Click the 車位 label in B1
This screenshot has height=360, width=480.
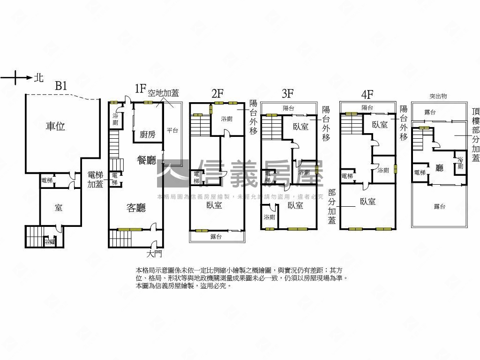tap(55, 126)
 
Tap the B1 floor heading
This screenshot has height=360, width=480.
tap(61, 86)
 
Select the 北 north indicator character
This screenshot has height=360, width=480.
tap(38, 78)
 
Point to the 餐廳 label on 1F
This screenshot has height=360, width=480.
tap(146, 160)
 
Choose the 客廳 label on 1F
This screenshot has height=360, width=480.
tap(136, 208)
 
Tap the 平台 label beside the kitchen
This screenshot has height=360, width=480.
tap(172, 131)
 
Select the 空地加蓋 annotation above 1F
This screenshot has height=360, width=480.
tap(163, 93)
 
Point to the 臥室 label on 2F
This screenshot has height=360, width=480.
tap(213, 205)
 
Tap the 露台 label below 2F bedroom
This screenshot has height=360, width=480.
tap(216, 237)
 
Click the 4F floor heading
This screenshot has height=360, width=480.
tap(367, 94)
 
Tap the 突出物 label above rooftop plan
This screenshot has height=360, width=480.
tap(438, 96)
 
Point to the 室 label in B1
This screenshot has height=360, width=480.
tap(59, 208)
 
